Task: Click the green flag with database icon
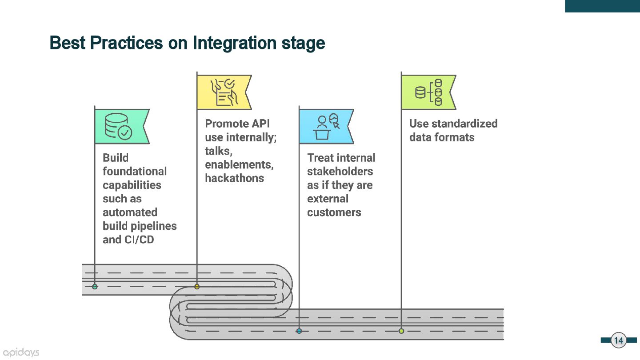121,126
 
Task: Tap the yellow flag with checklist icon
224,92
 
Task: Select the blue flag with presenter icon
326,126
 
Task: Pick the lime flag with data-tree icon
428,92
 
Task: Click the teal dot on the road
95,287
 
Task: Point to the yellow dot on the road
197,287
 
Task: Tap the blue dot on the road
299,331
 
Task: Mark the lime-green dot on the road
401,331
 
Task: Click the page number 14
619,340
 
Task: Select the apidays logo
21,352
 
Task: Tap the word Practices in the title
126,43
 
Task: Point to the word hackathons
235,178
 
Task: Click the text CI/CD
140,240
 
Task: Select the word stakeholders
340,172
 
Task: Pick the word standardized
464,124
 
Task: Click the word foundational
135,172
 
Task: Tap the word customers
334,212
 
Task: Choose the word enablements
239,164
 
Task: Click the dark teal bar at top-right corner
602,6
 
